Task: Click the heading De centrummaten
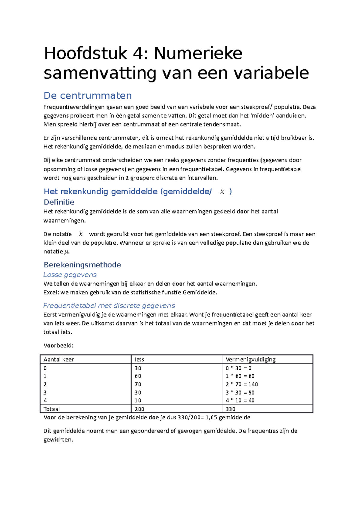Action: [88, 96]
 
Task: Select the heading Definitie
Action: [59, 202]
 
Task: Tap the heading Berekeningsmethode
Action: [82, 265]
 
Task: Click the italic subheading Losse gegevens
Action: [70, 275]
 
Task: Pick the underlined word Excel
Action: [50, 293]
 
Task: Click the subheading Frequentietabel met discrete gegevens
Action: [109, 306]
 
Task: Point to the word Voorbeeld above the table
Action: [58, 346]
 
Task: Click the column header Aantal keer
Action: [59, 359]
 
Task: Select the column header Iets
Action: [139, 359]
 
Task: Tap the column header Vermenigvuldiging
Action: [250, 359]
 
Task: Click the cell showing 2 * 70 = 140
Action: [241, 384]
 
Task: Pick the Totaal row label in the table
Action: [52, 409]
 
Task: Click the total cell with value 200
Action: [139, 409]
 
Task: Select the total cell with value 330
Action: [230, 409]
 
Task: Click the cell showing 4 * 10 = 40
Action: [240, 400]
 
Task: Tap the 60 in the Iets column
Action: [138, 376]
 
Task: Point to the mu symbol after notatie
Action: [67, 252]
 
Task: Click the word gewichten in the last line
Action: [58, 440]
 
